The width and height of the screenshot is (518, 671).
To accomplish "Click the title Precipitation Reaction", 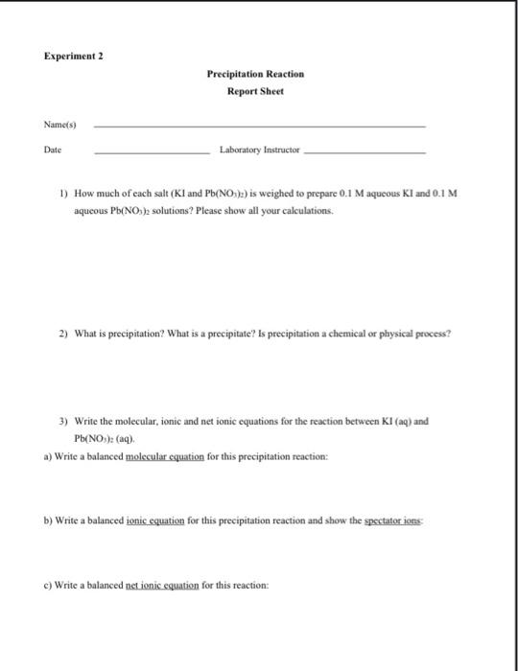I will tap(254, 74).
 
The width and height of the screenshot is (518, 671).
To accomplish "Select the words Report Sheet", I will tap(254, 93).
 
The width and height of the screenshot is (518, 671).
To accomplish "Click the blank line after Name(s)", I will tap(259, 127).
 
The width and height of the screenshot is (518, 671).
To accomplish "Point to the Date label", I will tap(51, 150).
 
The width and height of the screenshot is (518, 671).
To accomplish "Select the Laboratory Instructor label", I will tap(260, 150).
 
